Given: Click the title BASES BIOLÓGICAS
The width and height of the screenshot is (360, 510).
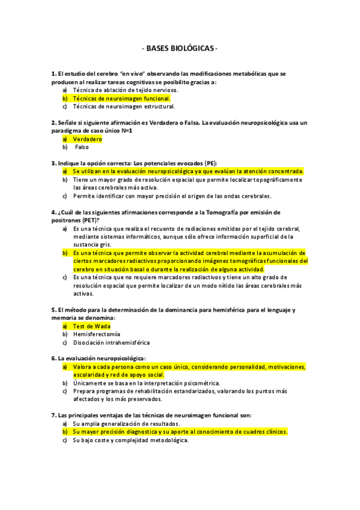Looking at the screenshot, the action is pos(180,48).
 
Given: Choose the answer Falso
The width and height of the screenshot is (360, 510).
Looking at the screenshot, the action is pos(81,147).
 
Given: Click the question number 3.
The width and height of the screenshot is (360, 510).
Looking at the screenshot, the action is pos(53,163).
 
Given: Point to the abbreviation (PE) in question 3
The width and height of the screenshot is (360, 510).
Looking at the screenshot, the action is pos(210,163).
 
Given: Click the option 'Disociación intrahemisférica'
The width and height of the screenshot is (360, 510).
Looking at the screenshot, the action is pos(111,342).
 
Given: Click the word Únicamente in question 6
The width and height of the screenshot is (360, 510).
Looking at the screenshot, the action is pos(88,382).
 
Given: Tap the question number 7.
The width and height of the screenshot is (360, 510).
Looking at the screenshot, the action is pos(53,415).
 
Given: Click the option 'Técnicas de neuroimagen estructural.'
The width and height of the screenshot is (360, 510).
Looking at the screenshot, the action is pos(124,106).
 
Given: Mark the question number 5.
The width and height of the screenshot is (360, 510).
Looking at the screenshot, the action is pos(53,310).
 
